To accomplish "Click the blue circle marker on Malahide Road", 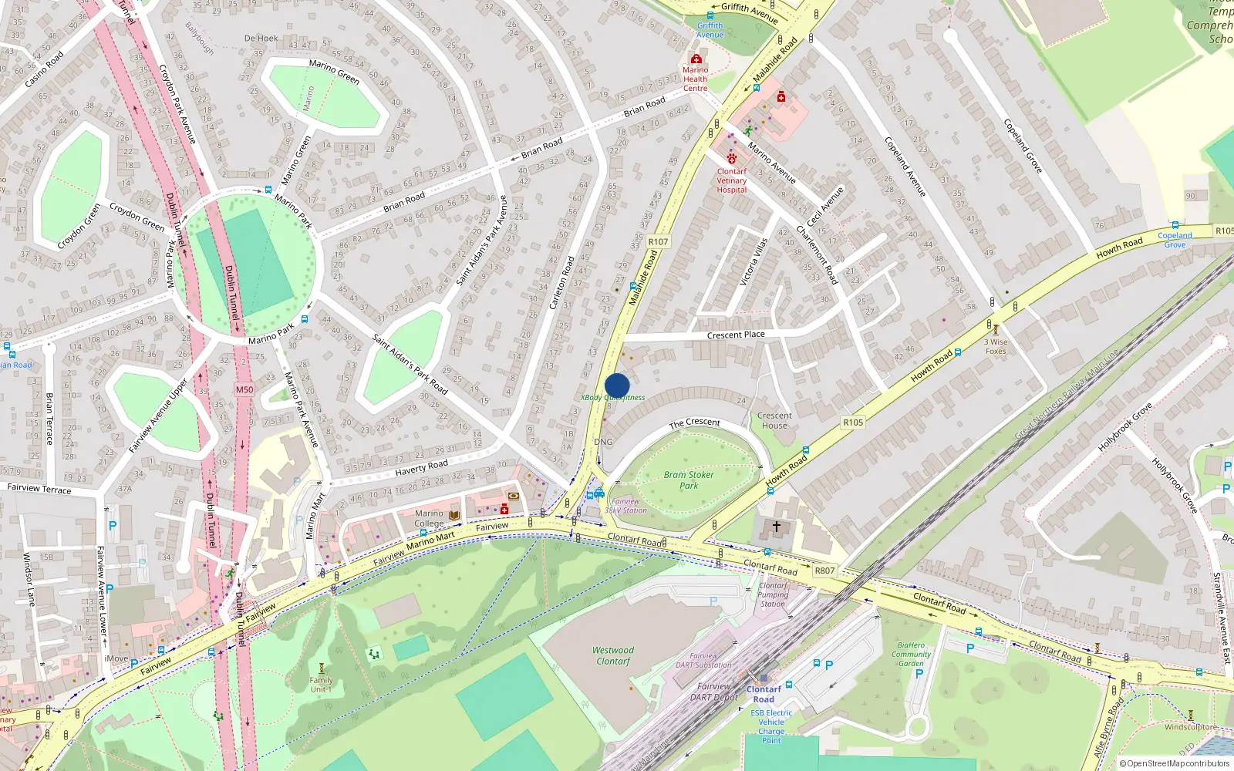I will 617,385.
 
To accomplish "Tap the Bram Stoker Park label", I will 689,480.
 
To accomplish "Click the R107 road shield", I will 658,241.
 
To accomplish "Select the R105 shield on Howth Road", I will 853,423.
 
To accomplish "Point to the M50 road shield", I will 244,389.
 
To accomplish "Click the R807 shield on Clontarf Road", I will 824,571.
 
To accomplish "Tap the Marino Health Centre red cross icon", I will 696,59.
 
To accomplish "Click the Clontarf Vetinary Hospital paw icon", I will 731,158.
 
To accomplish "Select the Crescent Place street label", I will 736,335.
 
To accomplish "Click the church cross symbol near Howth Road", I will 777,527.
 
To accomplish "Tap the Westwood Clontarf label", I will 613,655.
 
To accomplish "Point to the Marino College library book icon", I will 453,515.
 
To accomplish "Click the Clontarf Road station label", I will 764,694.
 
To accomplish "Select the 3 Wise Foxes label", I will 996,346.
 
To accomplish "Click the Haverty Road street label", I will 421,468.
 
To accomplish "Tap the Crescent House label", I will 774,420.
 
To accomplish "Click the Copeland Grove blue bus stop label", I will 1175,240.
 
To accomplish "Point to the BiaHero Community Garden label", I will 911,654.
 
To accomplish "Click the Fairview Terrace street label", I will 39,489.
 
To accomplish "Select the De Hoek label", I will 261,38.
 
